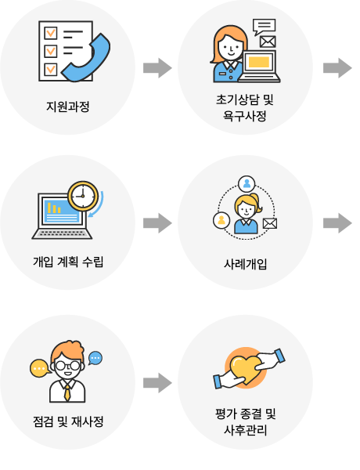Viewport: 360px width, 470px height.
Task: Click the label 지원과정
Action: [x=67, y=107]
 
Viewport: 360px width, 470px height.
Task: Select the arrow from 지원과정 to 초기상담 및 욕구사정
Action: [x=157, y=68]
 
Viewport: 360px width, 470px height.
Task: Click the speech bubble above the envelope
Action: [x=264, y=27]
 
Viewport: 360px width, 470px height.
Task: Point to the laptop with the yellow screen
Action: [x=259, y=67]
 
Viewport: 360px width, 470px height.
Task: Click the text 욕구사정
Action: [x=245, y=116]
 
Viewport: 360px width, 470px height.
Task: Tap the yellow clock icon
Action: [x=83, y=196]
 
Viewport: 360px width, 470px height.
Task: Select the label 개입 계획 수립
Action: [x=68, y=262]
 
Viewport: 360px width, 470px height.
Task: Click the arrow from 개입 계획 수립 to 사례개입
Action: [x=157, y=223]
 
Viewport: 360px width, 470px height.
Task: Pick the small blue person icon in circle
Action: [x=247, y=183]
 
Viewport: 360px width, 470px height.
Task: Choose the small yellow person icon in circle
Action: [x=221, y=220]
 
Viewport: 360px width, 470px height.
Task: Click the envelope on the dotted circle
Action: [x=270, y=223]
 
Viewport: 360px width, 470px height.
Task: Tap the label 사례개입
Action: [x=245, y=265]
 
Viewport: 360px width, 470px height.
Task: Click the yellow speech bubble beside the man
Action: [x=40, y=368]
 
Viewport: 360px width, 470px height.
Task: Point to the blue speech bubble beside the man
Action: [x=95, y=358]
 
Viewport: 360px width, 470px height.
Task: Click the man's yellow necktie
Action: [x=67, y=393]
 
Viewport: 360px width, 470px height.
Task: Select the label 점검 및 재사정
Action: [x=68, y=421]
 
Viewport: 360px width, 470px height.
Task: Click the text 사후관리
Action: [x=245, y=430]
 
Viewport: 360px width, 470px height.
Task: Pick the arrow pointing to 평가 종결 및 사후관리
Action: [x=157, y=383]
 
